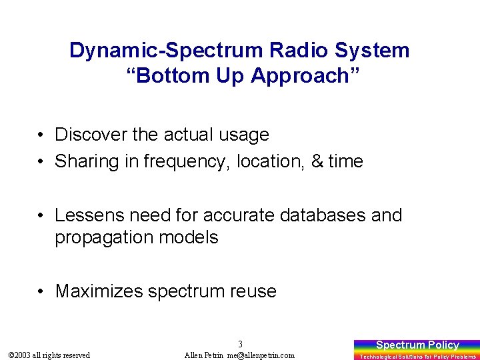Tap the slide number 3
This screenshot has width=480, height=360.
240,344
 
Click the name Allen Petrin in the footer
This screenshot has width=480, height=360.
205,355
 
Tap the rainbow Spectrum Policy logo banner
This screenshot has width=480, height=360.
417,345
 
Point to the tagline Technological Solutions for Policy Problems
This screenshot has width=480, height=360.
417,357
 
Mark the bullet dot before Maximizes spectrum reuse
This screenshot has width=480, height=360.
41,292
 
